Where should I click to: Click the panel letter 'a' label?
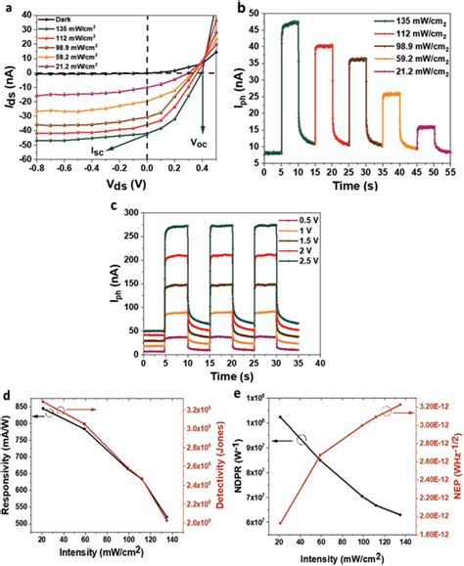8,7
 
